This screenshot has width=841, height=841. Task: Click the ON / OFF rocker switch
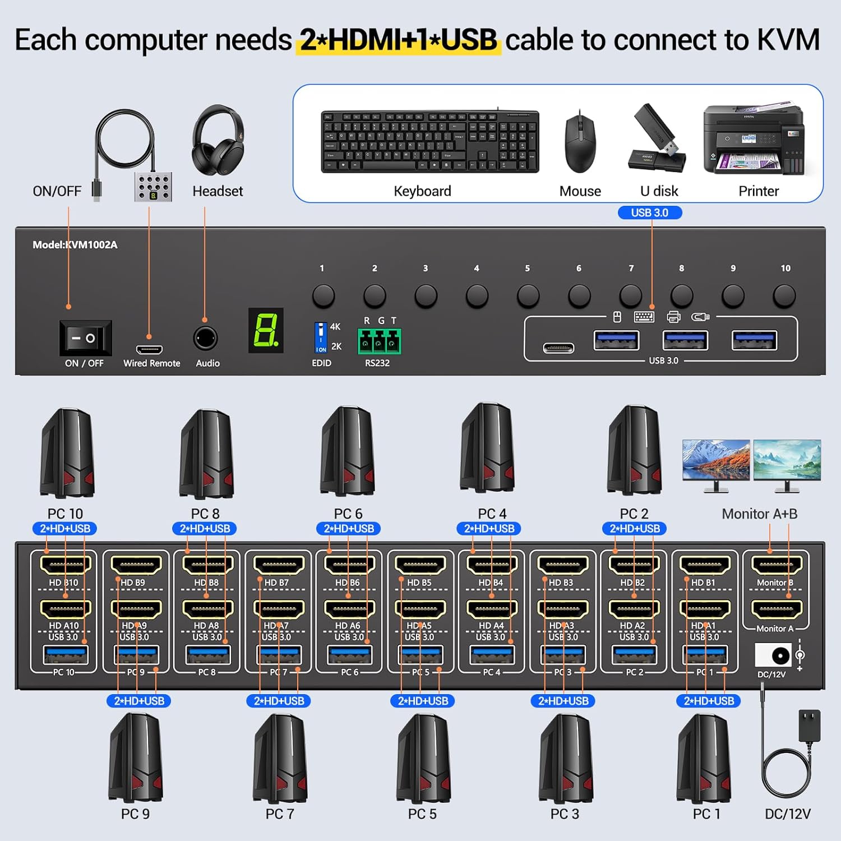[x=85, y=338]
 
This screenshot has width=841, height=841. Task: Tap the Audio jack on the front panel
[x=205, y=339]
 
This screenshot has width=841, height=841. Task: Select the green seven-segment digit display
[x=266, y=330]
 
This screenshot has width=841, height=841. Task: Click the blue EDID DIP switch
[x=321, y=338]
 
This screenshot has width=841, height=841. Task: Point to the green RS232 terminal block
[x=379, y=341]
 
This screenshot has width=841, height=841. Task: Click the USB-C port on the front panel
[x=558, y=348]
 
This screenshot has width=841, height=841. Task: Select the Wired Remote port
[x=149, y=349]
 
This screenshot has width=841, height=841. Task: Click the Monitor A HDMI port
[x=777, y=609]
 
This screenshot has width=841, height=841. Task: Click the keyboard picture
[x=430, y=141]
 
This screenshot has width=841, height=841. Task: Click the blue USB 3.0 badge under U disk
[x=649, y=212]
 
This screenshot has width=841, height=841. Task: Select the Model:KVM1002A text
[x=75, y=244]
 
